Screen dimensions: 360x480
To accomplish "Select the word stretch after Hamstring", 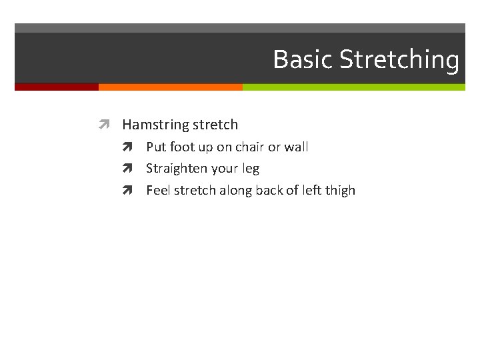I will point(215,125).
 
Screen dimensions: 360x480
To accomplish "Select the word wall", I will point(297,147).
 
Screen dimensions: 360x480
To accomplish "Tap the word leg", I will point(251,169).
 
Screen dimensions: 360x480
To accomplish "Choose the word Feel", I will point(158,190).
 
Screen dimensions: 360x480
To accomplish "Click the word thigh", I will point(339,190).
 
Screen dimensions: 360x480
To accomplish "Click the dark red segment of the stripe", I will point(57,87).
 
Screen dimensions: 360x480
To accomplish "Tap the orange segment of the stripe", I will point(170,87).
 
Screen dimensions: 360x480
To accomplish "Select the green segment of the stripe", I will point(353,87).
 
